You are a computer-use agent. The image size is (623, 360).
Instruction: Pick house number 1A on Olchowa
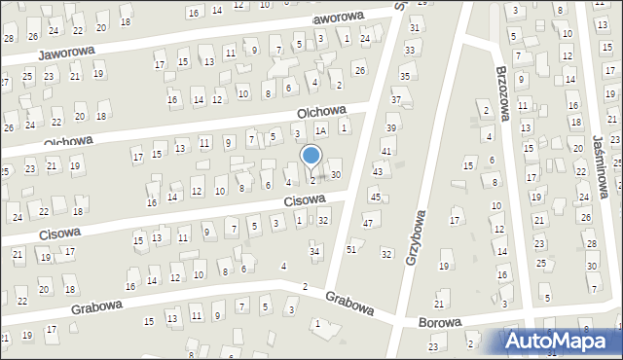(319, 130)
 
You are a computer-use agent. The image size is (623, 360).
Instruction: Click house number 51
(351, 250)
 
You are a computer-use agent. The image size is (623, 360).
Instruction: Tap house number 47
(368, 224)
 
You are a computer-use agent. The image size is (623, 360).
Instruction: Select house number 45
(375, 198)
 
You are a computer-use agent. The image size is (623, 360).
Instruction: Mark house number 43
(379, 172)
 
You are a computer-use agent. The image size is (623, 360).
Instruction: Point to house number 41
(386, 151)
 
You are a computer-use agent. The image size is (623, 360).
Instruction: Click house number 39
(391, 128)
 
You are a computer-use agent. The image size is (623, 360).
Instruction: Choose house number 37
(396, 100)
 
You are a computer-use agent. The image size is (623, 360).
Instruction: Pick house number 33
(410, 50)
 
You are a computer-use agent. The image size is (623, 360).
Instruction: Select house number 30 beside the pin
(336, 174)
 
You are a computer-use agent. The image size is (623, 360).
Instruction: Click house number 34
(314, 252)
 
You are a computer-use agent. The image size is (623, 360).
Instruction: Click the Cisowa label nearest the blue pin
(304, 201)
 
